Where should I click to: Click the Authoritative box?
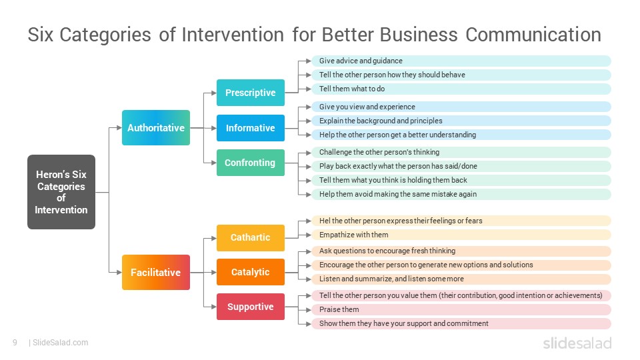156,128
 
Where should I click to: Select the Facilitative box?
156,272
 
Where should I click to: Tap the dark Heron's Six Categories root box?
61,192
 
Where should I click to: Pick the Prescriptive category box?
251,93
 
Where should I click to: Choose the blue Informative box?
251,128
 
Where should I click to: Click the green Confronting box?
251,163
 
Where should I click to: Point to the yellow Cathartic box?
251,237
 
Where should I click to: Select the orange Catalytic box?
251,272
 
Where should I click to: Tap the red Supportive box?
251,307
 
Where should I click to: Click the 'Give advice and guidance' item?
461,61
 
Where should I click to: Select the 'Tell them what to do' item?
461,89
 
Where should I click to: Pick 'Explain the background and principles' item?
461,121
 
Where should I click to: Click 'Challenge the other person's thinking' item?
461,152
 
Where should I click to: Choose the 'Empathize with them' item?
461,235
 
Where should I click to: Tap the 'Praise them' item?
461,309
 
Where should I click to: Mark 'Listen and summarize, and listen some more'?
461,279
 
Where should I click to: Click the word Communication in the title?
533,35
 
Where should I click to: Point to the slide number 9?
15,343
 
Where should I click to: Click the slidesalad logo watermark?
577,343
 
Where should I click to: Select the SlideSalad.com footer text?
61,343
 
